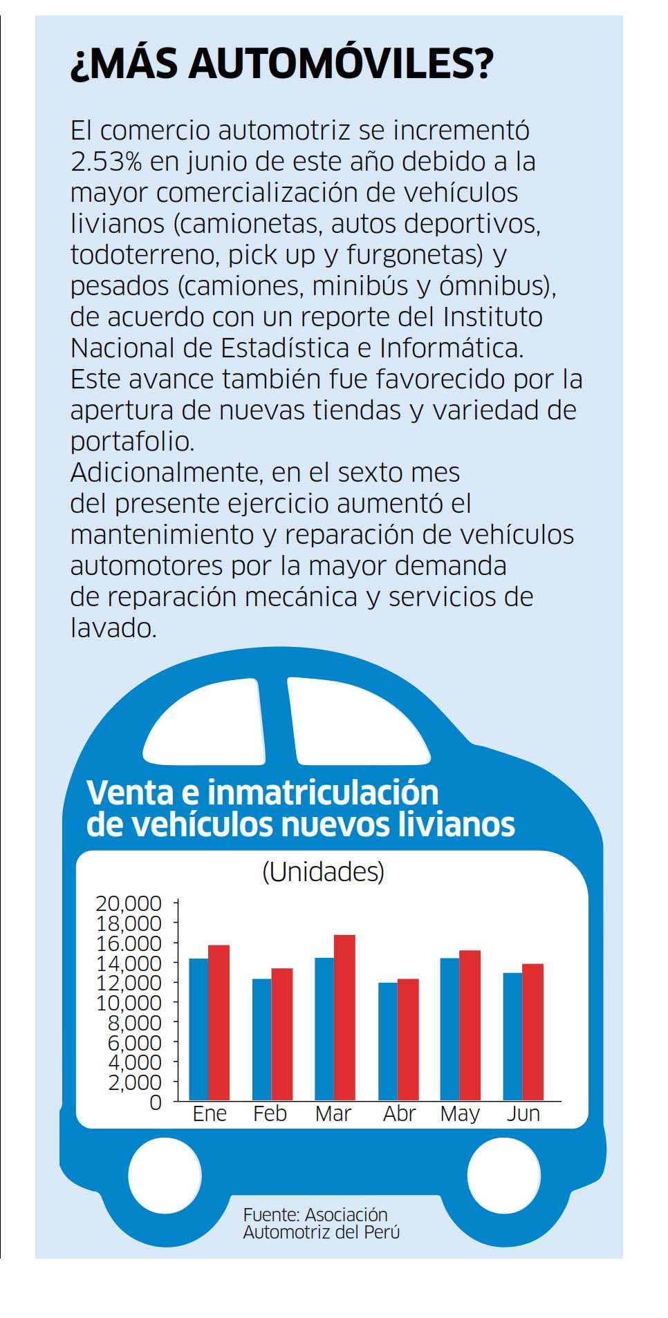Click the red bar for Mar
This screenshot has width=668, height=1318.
click(344, 1017)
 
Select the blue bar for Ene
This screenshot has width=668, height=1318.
click(198, 1029)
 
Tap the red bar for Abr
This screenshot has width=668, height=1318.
click(408, 1039)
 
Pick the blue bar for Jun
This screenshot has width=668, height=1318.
click(512, 1037)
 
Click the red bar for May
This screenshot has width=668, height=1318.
click(470, 1026)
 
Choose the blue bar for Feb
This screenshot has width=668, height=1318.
click(261, 1039)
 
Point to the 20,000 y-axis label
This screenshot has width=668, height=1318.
click(129, 903)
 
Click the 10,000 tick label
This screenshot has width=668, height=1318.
click(129, 1002)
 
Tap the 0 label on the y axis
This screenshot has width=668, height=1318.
click(156, 1102)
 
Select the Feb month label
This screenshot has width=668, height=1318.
click(270, 1114)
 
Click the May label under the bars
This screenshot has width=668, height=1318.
click(460, 1114)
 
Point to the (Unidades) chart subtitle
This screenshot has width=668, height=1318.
click(323, 872)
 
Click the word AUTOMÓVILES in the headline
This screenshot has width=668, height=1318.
click(341, 64)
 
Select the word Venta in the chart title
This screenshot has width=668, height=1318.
click(128, 792)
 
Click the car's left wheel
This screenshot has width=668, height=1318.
click(165, 1175)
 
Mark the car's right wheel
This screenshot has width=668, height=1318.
click(503, 1175)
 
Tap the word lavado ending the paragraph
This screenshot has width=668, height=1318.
click(113, 628)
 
